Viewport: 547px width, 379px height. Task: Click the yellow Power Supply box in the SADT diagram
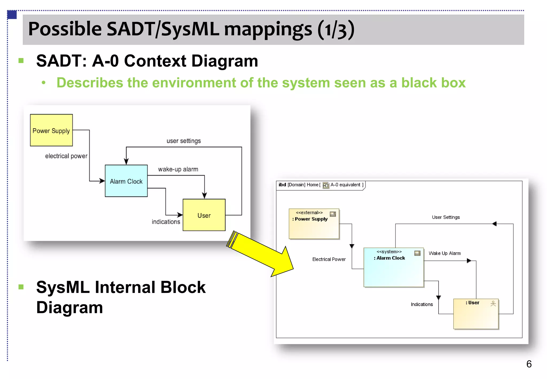point(51,130)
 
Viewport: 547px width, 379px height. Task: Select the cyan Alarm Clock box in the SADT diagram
point(126,181)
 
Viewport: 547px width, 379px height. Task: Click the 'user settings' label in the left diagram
point(183,141)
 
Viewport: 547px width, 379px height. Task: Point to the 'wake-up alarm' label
point(178,169)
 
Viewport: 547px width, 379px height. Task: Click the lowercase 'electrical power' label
point(66,156)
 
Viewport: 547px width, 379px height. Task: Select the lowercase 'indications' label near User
point(166,222)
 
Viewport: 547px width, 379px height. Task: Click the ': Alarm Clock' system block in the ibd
point(393,267)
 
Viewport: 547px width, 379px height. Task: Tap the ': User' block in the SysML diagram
point(476,314)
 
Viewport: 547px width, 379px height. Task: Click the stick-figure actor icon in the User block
point(493,303)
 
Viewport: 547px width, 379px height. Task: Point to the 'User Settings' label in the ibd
point(446,217)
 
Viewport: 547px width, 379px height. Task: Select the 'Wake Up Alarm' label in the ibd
point(444,253)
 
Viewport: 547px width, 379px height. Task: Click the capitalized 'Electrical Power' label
point(329,259)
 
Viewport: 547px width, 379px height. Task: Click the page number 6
point(529,364)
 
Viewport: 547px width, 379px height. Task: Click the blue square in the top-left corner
point(12,15)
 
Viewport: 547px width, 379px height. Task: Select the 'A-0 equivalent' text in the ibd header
point(345,185)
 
